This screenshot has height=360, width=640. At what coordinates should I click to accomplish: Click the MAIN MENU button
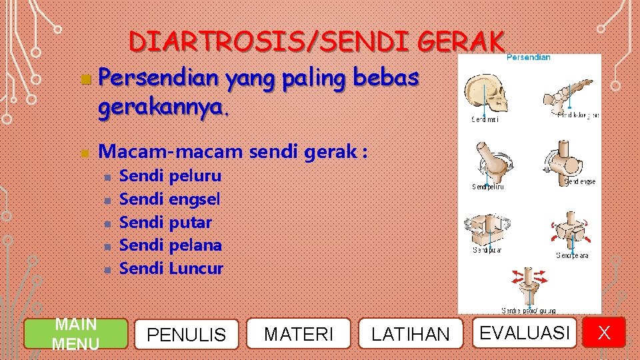[x=75, y=333]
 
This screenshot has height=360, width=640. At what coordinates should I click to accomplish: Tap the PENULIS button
[x=186, y=333]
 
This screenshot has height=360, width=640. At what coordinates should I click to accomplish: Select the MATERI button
[x=299, y=333]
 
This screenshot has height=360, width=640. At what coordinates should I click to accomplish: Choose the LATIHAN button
[x=410, y=333]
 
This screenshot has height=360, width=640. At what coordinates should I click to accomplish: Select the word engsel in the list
[x=195, y=199]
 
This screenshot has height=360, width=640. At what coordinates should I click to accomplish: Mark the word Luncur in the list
[x=196, y=268]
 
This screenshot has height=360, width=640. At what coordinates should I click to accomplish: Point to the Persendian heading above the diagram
[x=528, y=57]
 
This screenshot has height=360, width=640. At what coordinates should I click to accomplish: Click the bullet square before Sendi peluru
[x=106, y=177]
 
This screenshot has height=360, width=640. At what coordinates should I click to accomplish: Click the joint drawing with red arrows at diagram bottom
[x=527, y=285]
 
